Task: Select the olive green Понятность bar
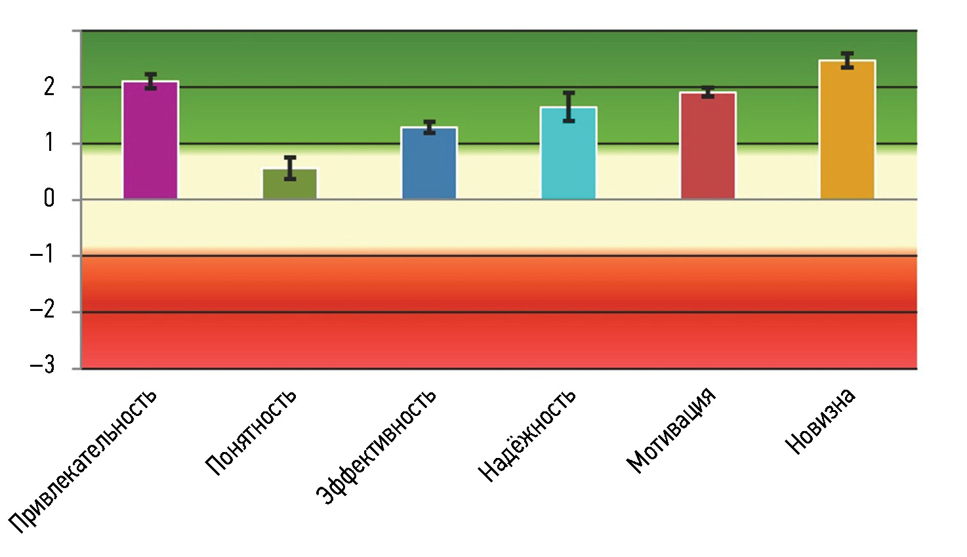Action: [x=289, y=184]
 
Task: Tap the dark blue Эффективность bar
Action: [x=429, y=163]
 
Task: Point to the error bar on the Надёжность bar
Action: [x=569, y=106]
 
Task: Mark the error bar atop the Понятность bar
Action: [x=290, y=168]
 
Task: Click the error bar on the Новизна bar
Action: [x=848, y=60]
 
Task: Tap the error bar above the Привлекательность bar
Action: [x=151, y=81]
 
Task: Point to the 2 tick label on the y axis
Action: [x=49, y=87]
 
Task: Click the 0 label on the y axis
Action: [x=49, y=199]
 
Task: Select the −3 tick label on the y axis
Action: [x=43, y=365]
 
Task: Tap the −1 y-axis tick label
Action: [x=43, y=254]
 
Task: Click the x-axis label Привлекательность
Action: [x=83, y=460]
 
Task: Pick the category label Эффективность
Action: [x=377, y=447]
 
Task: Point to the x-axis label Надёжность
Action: [x=527, y=435]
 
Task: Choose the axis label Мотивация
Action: [x=670, y=430]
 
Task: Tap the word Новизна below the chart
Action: [x=820, y=421]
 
